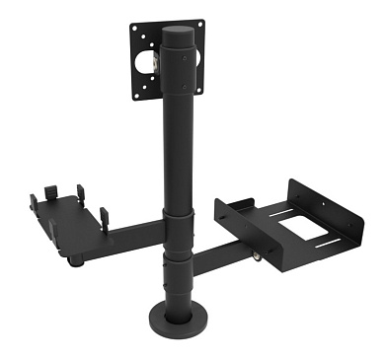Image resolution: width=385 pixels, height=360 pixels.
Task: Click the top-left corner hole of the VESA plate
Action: (136, 26)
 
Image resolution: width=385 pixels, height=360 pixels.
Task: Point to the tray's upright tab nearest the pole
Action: (103, 216)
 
